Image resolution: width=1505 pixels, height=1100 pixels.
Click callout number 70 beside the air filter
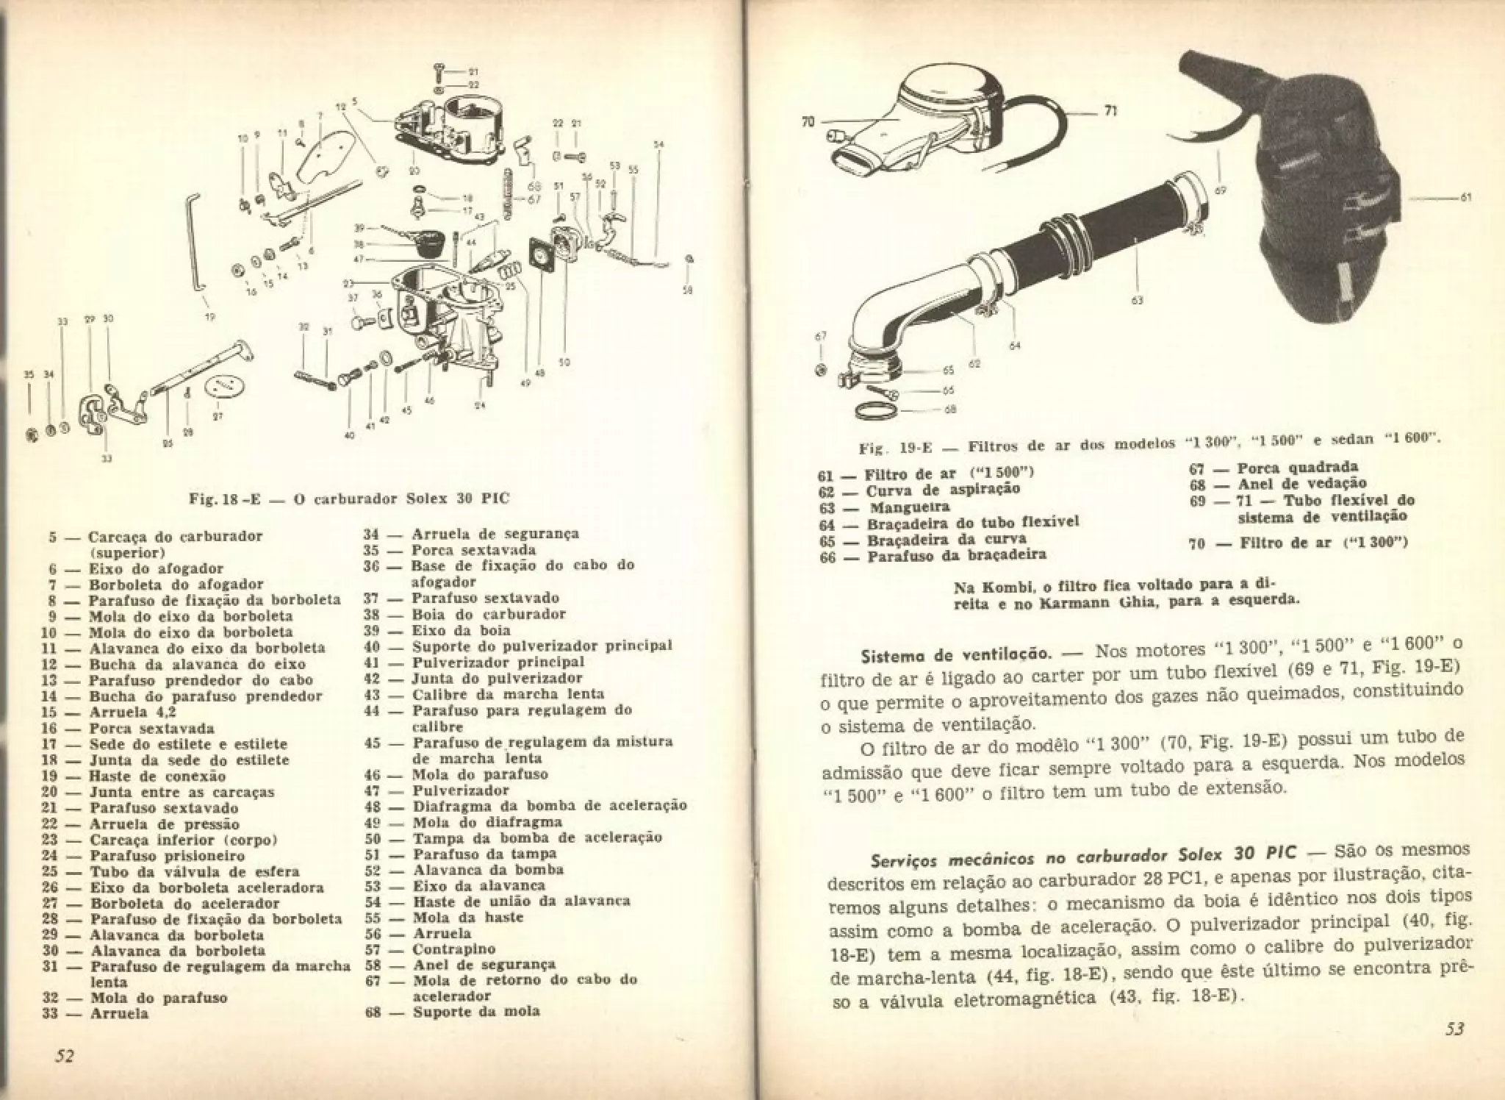point(808,122)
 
